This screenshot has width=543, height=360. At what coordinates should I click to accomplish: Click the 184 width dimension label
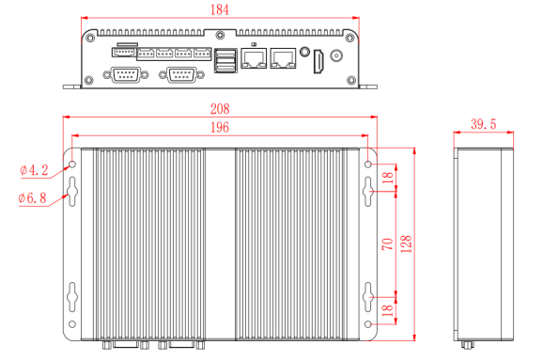220,10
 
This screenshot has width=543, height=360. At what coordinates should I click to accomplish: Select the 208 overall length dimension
220,109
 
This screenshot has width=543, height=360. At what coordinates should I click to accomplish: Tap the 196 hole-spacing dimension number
220,128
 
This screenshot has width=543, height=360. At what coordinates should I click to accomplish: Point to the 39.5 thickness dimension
484,124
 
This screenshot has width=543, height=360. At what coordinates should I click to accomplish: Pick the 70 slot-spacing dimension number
388,244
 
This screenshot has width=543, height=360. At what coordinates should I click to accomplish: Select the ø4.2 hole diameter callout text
34,170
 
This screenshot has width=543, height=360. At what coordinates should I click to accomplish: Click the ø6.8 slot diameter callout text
32,198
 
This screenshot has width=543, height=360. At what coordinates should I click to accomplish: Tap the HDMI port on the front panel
318,61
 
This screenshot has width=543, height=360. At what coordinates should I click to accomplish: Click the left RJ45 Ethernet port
254,58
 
